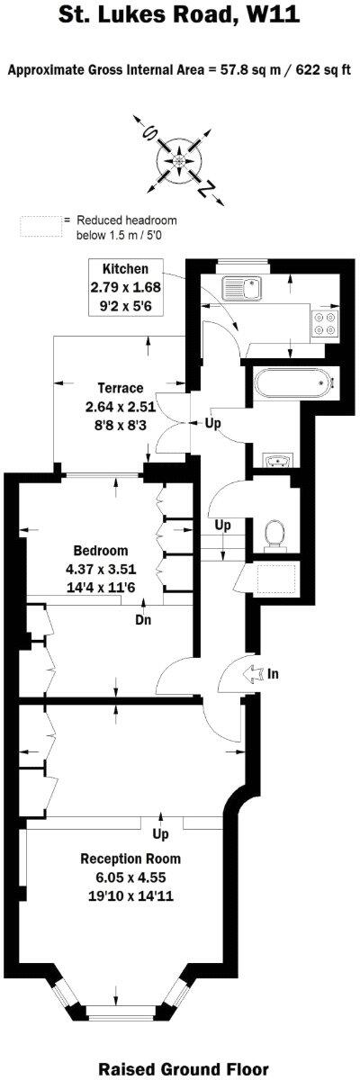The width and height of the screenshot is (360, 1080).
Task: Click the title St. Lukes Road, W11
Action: pyautogui.click(x=180, y=14)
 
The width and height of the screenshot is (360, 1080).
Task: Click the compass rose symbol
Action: pyautogui.click(x=180, y=159)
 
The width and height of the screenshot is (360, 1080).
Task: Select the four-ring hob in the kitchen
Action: pyautogui.click(x=324, y=324)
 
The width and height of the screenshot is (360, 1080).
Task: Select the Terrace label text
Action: pyautogui.click(x=122, y=388)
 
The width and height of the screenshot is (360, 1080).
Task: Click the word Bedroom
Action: pyautogui.click(x=101, y=550)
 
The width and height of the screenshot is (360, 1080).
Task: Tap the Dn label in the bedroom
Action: pyautogui.click(x=142, y=619)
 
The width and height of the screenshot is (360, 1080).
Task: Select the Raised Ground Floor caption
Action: pyautogui.click(x=184, y=1069)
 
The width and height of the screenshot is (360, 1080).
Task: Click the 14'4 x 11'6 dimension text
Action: pyautogui.click(x=103, y=586)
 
